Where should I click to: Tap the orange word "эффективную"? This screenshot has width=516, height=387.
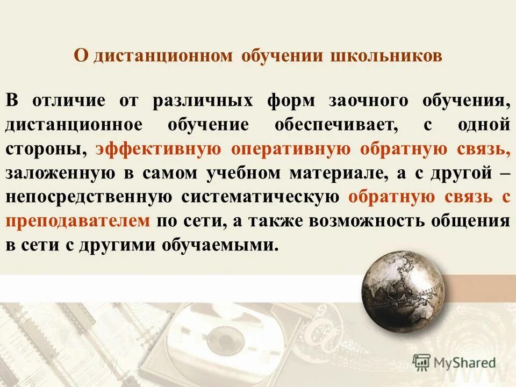[x=159, y=149]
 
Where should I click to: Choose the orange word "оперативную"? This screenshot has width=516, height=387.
[x=291, y=149]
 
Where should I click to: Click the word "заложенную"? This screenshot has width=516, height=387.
[x=60, y=173]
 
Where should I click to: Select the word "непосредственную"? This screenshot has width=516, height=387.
[x=89, y=197]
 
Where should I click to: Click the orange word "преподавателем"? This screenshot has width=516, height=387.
[x=77, y=221]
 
